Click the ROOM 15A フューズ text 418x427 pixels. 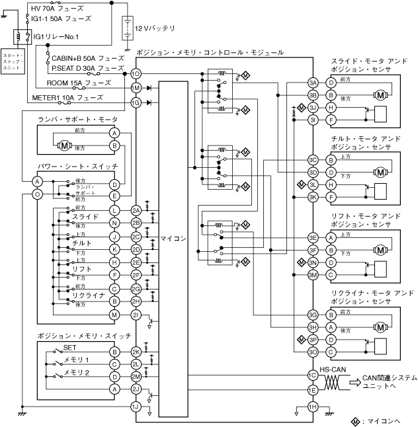(x=79, y=83)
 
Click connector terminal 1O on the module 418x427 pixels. (x=136, y=73)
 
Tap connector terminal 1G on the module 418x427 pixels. (x=136, y=102)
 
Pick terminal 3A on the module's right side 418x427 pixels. (x=312, y=83)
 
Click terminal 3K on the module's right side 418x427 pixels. (x=312, y=197)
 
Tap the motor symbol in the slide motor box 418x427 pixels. (x=381, y=95)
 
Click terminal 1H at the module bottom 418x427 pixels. (x=312, y=406)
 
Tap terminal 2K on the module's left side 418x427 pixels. (x=136, y=352)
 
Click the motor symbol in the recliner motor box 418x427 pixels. (x=381, y=326)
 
